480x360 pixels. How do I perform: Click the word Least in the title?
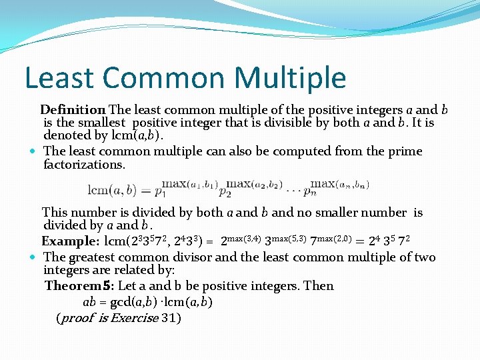pyautogui.click(x=57, y=78)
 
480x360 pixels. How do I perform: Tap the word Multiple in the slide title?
pyautogui.click(x=291, y=78)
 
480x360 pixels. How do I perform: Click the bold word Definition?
pyautogui.click(x=73, y=109)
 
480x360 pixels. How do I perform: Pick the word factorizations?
pyautogui.click(x=84, y=165)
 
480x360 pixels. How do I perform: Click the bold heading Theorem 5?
pyautogui.click(x=79, y=286)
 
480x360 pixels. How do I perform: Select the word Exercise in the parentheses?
pyautogui.click(x=134, y=318)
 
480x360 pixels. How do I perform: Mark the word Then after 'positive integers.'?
pyautogui.click(x=318, y=286)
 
